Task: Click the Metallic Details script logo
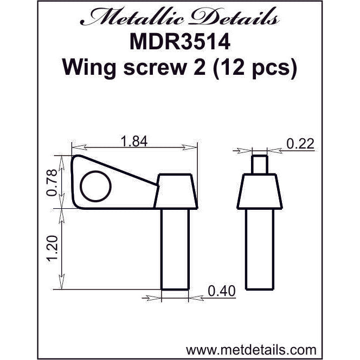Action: point(179,19)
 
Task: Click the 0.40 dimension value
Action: point(221,292)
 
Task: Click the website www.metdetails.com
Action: point(251,348)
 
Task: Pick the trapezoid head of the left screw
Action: point(175,192)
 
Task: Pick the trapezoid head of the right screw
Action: point(261,192)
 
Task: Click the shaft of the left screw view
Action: point(175,249)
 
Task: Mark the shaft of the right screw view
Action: point(260,249)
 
